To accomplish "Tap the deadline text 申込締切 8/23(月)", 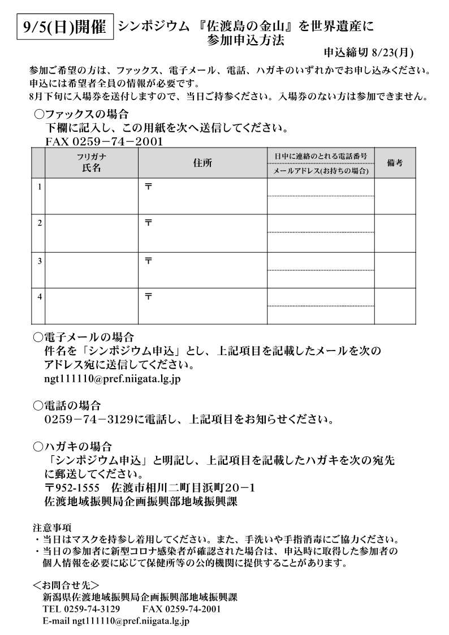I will coord(368,53).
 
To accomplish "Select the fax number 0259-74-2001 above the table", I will coord(103,141).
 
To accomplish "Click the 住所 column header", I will coord(202,163).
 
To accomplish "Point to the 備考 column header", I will coord(395,163).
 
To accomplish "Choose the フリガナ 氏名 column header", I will coord(91,163).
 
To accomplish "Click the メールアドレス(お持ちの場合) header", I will coord(320,171).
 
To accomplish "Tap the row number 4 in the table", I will coord(39,296).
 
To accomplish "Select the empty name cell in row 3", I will coord(91,270).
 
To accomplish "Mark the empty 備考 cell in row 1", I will coord(395,196).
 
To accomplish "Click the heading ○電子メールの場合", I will coord(84,338).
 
